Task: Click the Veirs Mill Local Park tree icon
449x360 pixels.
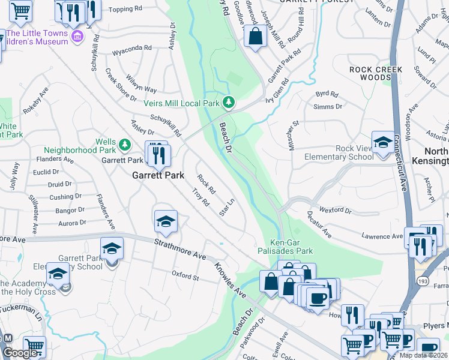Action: (228, 103)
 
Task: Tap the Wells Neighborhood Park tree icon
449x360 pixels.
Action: (125, 145)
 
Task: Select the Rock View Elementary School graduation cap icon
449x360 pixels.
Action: (382, 143)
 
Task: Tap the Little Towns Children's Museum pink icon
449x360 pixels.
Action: (77, 37)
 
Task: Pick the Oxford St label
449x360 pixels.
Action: (185, 277)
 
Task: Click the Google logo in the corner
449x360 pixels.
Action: (20, 353)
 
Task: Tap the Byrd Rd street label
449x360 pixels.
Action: (327, 94)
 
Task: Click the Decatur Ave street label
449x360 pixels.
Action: (320, 229)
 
